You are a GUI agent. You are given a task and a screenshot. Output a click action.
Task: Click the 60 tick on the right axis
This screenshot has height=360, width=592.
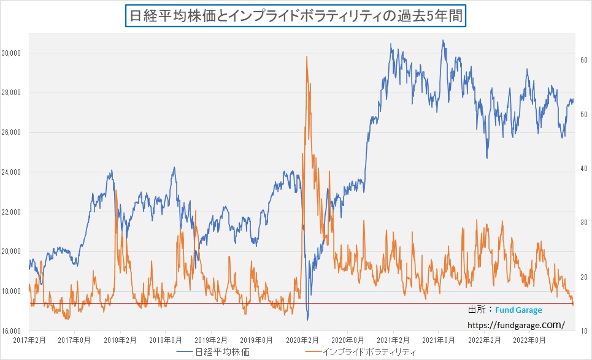click(585, 60)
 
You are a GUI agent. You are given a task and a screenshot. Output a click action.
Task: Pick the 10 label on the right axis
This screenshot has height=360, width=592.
click(585, 331)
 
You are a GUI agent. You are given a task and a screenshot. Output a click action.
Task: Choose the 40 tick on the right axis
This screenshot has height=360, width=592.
click(585, 169)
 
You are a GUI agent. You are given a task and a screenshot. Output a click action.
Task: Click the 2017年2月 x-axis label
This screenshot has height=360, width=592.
click(29, 339)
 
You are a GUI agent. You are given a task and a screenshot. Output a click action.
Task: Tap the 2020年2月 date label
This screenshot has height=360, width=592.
click(302, 339)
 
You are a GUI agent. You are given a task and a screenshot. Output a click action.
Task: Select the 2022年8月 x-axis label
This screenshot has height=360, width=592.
click(529, 339)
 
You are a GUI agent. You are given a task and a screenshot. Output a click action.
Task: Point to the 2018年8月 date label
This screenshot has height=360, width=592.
click(166, 339)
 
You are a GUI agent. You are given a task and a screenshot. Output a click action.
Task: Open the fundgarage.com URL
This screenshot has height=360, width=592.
click(515, 325)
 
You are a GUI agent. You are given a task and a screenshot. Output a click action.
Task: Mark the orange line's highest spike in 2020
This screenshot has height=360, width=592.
click(306, 57)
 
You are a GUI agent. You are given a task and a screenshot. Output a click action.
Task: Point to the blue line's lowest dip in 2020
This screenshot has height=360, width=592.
click(308, 319)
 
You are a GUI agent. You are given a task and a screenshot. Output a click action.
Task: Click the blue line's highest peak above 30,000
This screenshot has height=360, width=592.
click(443, 41)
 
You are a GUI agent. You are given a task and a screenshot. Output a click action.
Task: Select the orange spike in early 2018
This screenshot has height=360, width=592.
click(116, 191)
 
